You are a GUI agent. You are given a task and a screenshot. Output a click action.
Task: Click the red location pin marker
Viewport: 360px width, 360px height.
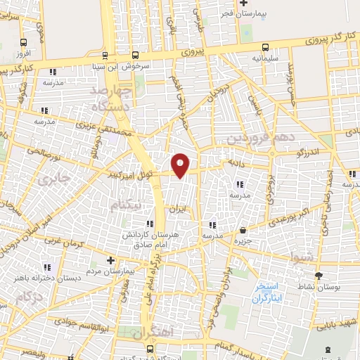pyautogui.click(x=181, y=165)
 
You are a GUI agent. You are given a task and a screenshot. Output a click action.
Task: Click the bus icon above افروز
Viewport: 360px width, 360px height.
pyautogui.click(x=24, y=42)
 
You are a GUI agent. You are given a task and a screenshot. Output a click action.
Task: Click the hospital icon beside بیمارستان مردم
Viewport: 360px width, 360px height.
pyautogui.click(x=110, y=260)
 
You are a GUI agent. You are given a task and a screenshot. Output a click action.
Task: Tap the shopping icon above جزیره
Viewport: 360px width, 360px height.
pyautogui.click(x=243, y=230)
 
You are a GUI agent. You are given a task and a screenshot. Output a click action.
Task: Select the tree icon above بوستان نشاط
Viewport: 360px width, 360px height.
pyautogui.click(x=318, y=276)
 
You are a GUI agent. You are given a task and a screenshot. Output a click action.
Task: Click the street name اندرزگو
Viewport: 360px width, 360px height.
pyautogui.click(x=307, y=152)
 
